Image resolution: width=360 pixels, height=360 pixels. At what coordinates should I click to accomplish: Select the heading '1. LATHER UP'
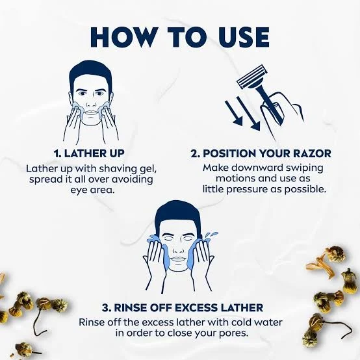coord(89,153)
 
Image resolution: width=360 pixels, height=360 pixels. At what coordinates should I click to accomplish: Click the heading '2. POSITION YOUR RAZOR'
coord(261,153)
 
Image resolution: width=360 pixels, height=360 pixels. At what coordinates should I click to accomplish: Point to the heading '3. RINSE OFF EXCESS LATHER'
coord(183,307)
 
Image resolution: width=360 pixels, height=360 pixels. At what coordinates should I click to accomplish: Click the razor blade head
coord(251,77)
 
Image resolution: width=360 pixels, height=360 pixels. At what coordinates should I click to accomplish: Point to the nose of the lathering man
coord(91,102)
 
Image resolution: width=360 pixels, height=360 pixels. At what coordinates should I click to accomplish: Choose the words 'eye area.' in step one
coord(92,190)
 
